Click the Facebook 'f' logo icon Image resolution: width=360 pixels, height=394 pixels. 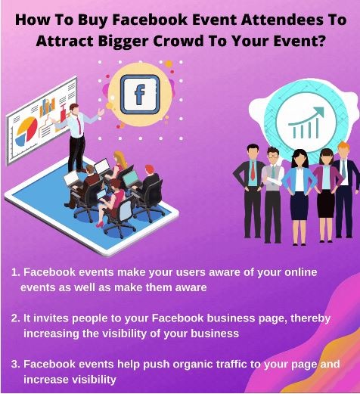pos(140,95)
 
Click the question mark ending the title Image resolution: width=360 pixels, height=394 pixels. pos(319,40)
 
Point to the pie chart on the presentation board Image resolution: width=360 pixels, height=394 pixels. pos(26,131)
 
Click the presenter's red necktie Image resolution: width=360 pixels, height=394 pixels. pos(79,125)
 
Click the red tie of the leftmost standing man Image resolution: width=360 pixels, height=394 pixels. pos(253,170)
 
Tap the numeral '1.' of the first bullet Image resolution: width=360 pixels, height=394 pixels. pos(16,272)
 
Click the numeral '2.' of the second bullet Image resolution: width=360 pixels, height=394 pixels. pos(16,318)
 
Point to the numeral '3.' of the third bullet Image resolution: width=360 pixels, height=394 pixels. pos(16,365)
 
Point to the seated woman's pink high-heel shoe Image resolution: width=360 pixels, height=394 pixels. pos(100,224)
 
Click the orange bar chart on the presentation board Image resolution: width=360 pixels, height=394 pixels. pos(47,107)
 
